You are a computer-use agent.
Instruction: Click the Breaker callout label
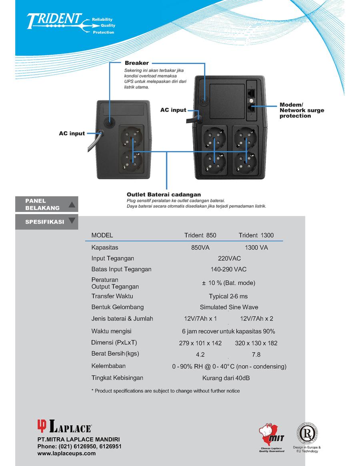(136, 63)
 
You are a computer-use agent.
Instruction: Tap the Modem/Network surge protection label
(302, 110)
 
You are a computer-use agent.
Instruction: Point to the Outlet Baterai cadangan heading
(164, 194)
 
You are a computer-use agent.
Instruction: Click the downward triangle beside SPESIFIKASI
(72, 220)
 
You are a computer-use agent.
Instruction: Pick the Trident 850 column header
(200, 235)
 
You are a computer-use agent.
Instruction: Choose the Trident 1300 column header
(256, 235)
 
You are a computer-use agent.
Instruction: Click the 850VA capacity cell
(200, 248)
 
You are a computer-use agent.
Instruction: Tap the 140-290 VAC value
(228, 269)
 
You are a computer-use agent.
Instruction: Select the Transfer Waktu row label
(112, 296)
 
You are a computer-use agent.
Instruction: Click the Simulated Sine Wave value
(229, 307)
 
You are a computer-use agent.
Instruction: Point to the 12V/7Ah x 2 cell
(256, 319)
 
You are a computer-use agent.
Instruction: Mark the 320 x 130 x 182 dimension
(256, 343)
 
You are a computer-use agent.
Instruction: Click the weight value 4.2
(200, 355)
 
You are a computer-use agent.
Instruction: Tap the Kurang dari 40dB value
(228, 378)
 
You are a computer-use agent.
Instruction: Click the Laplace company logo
(64, 426)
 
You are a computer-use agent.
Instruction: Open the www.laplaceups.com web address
(66, 453)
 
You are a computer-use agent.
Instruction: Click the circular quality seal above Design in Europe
(307, 433)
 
